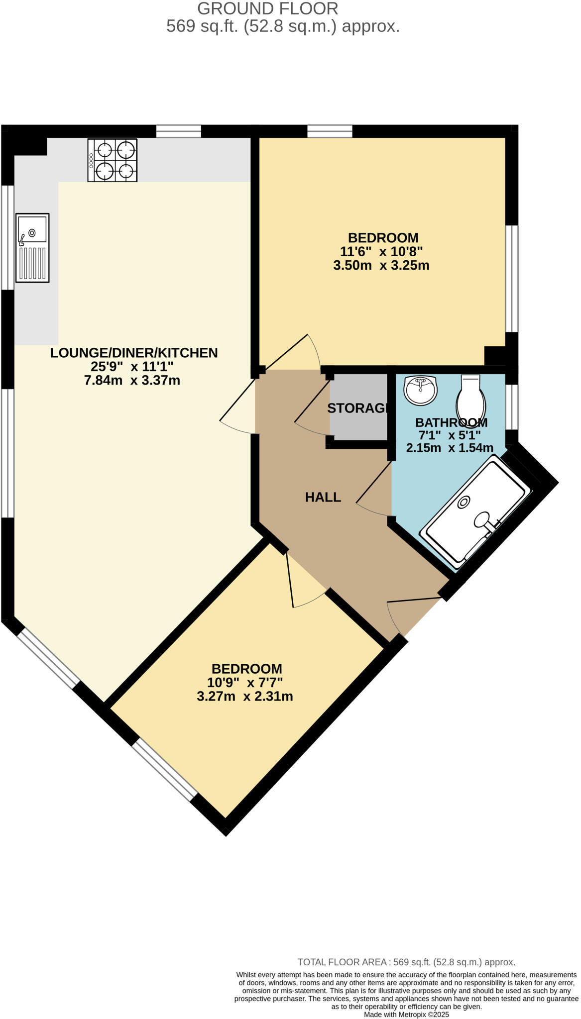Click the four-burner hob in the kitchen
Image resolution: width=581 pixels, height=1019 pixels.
point(113,160)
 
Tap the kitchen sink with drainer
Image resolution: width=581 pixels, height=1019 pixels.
point(32,248)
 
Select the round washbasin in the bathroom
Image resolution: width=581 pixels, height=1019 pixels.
point(421,390)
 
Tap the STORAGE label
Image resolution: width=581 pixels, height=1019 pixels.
point(357,408)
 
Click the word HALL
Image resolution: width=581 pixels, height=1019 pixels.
point(323,497)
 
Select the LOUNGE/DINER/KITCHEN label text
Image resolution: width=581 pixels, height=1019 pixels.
point(134,353)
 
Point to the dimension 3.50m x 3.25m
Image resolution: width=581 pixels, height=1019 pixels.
point(381,265)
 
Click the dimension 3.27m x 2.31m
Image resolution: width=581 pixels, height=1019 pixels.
point(244,696)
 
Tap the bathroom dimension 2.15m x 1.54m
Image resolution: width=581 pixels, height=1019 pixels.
point(450,447)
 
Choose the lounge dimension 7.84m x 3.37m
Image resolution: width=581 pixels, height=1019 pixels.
point(132,381)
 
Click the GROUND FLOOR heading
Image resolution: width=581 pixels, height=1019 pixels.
point(267,8)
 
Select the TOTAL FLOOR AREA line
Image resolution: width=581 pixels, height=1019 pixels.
point(406,962)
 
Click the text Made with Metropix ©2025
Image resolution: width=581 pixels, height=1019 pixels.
point(406,1014)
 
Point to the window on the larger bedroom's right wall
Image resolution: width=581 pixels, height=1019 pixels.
point(512,279)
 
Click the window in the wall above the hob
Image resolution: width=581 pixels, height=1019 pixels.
point(178,131)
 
